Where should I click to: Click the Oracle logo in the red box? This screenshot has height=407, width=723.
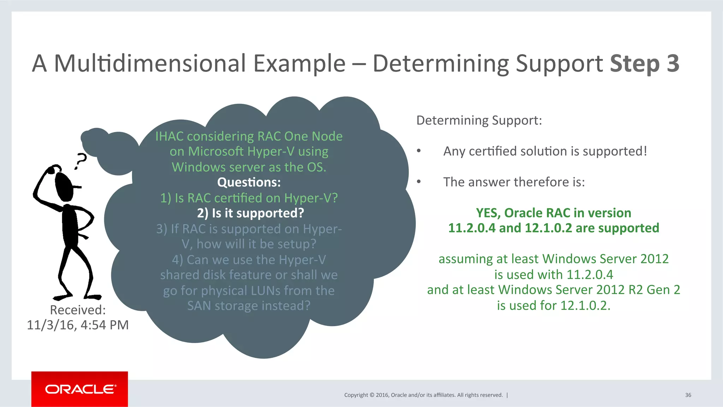tap(80, 389)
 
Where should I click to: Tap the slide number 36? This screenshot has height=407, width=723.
tap(688, 395)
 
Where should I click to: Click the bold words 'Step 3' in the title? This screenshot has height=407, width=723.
tap(644, 64)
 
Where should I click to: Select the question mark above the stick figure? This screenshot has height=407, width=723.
tap(81, 161)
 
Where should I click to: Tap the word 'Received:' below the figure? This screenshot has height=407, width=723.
tap(78, 310)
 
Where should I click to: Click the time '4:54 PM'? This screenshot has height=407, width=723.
tap(105, 325)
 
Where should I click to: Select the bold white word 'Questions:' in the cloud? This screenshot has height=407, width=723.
tap(249, 182)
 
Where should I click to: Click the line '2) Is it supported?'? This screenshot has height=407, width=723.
tap(250, 213)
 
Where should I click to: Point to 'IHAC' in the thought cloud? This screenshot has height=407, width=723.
tap(169, 136)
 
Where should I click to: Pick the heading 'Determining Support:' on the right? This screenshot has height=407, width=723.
tap(479, 120)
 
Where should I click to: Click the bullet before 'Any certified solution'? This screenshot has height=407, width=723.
tap(419, 151)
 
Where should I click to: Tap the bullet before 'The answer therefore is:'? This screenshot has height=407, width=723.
tap(419, 182)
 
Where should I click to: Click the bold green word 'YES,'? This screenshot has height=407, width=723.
tap(488, 213)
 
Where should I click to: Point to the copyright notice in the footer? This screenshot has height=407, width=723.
tap(423, 395)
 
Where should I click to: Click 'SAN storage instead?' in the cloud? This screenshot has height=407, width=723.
tap(249, 306)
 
